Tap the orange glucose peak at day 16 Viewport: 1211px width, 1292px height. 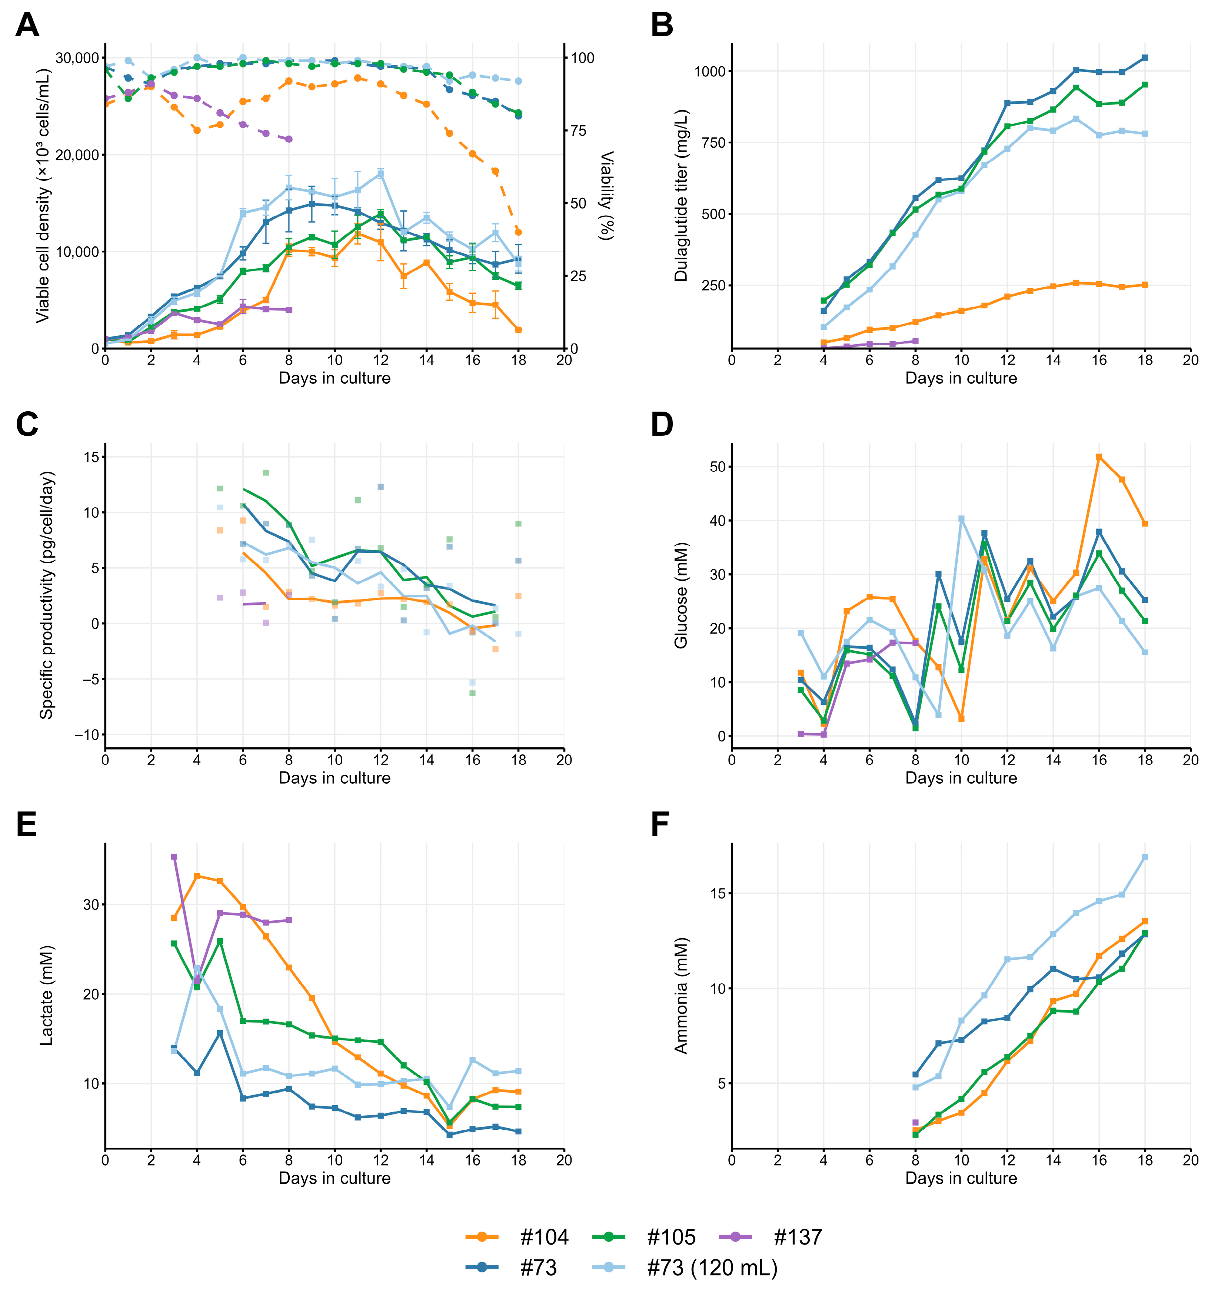click(1099, 457)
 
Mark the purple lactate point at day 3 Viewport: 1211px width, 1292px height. click(174, 857)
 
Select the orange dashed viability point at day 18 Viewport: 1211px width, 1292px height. click(518, 232)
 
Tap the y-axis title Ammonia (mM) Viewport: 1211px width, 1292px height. click(680, 996)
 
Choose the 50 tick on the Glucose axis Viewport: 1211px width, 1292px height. click(717, 466)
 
